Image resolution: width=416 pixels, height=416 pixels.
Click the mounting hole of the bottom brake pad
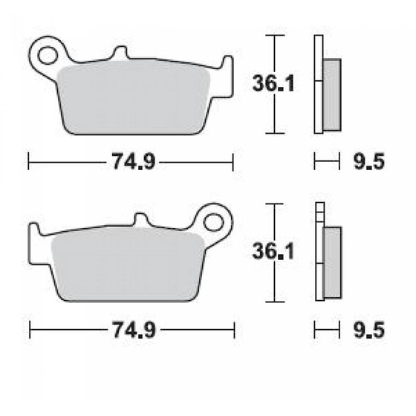pyautogui.click(x=214, y=221)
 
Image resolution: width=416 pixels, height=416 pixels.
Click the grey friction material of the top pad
pyautogui.click(x=134, y=97)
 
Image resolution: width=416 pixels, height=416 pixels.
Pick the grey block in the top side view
pyautogui.click(x=332, y=92)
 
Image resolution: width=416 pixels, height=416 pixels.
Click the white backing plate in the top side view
pyautogui.click(x=319, y=85)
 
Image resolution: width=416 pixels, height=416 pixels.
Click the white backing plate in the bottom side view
pyautogui.click(x=319, y=253)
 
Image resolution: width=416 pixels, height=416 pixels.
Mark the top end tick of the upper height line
pyautogui.click(x=275, y=35)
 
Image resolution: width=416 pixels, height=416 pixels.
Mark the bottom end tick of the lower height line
pyautogui.click(x=275, y=302)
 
